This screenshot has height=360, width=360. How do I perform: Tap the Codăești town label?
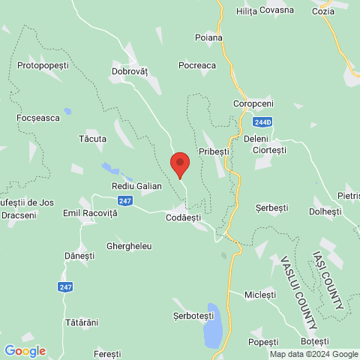(183, 217)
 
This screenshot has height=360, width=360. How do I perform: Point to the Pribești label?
(213, 151)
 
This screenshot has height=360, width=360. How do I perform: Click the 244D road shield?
(262, 121)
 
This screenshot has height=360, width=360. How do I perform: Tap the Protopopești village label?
(43, 65)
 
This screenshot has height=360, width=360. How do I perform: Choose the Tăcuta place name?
(92, 139)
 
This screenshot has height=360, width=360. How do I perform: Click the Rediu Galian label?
(136, 185)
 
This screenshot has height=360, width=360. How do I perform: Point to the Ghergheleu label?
(129, 245)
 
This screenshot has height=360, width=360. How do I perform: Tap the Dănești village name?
(79, 256)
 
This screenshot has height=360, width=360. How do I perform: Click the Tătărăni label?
(81, 322)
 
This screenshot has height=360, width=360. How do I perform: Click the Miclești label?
(260, 295)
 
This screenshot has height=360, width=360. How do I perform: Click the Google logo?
(25, 350)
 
